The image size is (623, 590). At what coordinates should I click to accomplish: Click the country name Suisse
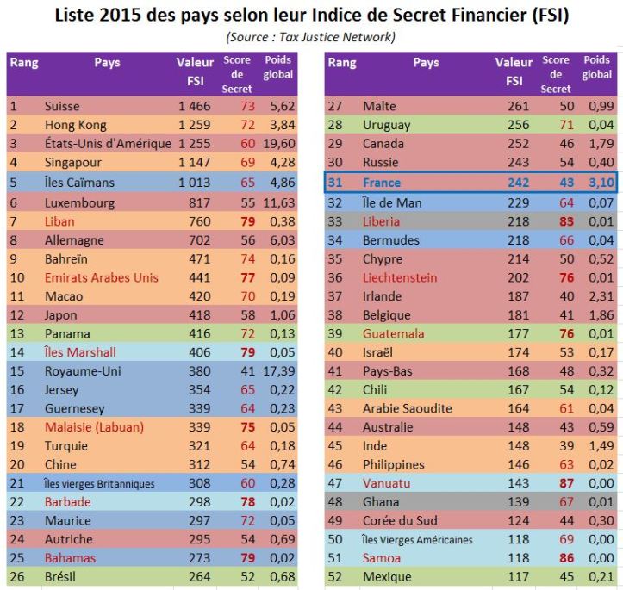click(x=63, y=107)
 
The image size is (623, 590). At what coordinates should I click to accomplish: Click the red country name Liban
click(x=59, y=220)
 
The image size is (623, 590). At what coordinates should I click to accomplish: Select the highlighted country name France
click(x=382, y=182)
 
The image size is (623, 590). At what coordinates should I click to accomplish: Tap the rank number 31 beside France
click(x=336, y=182)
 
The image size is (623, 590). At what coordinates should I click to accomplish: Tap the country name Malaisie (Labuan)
click(x=94, y=426)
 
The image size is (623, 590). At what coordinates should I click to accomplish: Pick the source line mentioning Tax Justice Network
click(x=311, y=37)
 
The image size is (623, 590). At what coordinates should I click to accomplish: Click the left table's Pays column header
click(x=107, y=63)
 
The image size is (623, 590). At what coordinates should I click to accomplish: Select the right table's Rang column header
click(x=342, y=63)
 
